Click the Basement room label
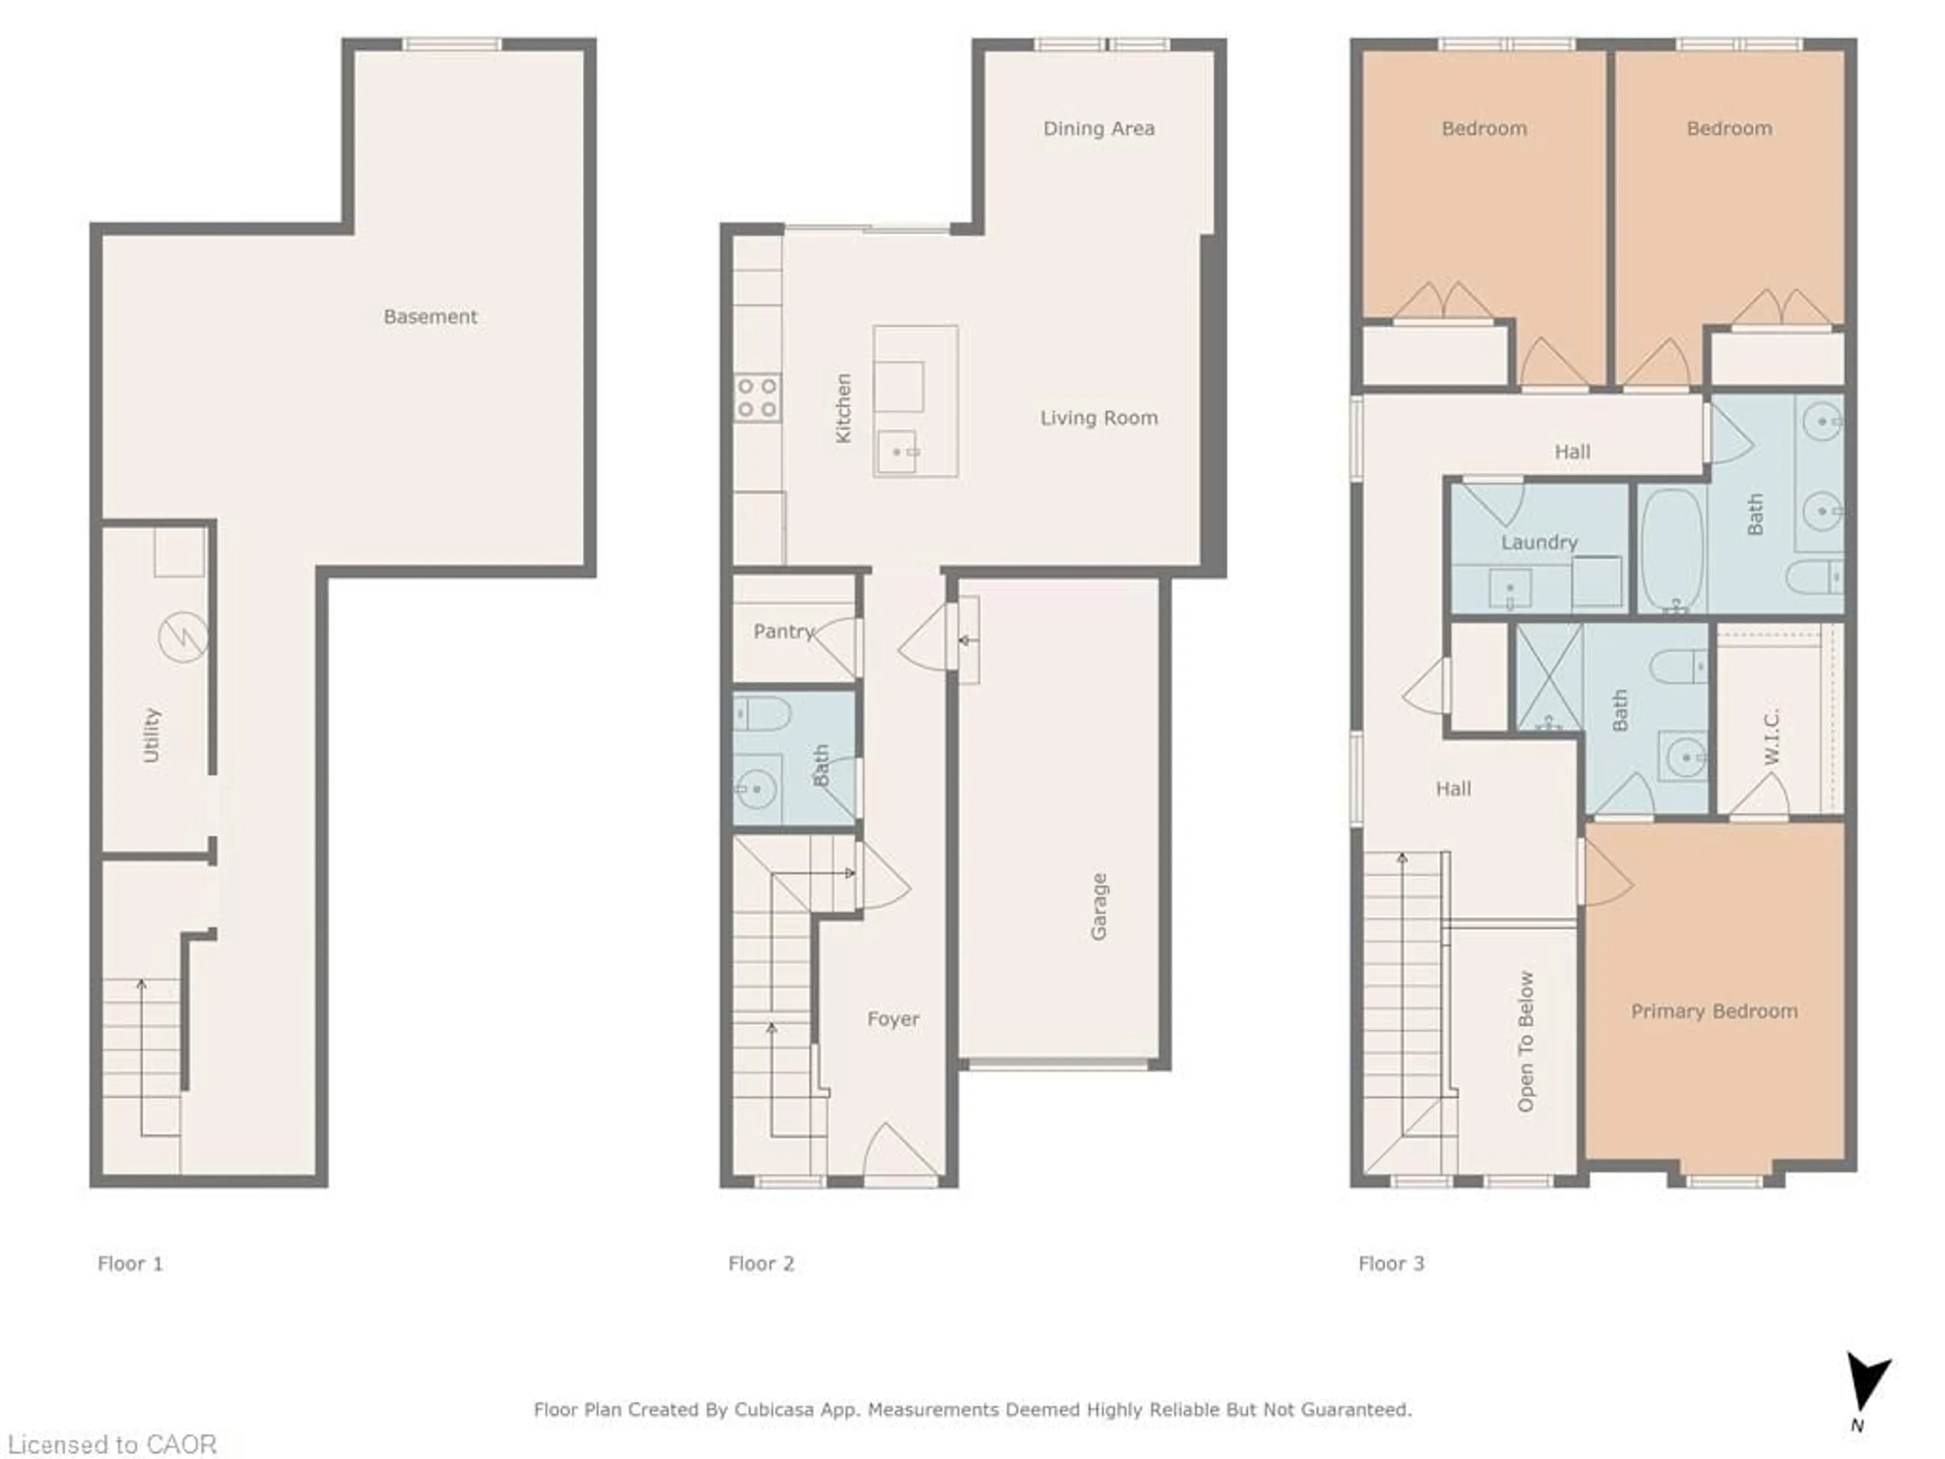(430, 317)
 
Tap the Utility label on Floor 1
(151, 735)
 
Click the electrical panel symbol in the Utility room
(183, 637)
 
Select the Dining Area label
(1098, 128)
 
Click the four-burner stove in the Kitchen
(757, 398)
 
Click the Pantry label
(783, 631)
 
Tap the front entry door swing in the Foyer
(900, 1152)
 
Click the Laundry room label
(1539, 542)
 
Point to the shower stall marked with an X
(1549, 677)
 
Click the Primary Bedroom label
(1714, 1011)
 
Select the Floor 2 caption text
(761, 1264)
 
